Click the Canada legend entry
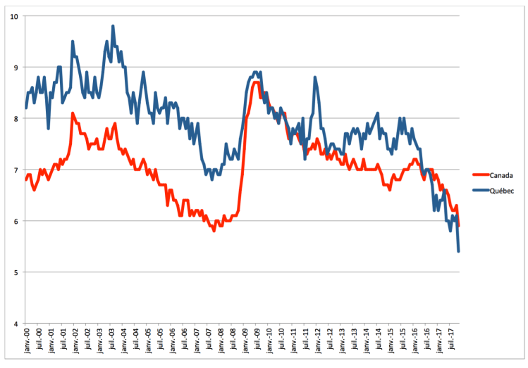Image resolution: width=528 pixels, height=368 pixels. pyautogui.click(x=501, y=175)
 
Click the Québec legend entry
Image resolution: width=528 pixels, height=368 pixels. pyautogui.click(x=501, y=191)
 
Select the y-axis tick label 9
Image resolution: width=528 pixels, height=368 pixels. pyautogui.click(x=16, y=68)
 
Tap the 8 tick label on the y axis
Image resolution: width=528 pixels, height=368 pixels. pyautogui.click(x=16, y=119)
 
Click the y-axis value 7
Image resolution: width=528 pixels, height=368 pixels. pyautogui.click(x=16, y=170)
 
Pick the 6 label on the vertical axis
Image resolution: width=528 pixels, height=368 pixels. pyautogui.click(x=16, y=221)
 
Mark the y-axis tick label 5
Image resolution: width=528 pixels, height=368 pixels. pyautogui.click(x=16, y=272)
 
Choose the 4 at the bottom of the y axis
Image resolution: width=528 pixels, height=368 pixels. pyautogui.click(x=16, y=324)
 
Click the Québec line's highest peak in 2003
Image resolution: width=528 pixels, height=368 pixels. pyautogui.click(x=113, y=26)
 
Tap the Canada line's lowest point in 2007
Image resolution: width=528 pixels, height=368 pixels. pyautogui.click(x=214, y=231)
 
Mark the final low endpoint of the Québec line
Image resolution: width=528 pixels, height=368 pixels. pyautogui.click(x=459, y=251)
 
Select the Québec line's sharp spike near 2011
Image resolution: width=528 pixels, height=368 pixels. pyautogui.click(x=315, y=77)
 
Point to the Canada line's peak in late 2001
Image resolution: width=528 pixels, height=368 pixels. pyautogui.click(x=72, y=113)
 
